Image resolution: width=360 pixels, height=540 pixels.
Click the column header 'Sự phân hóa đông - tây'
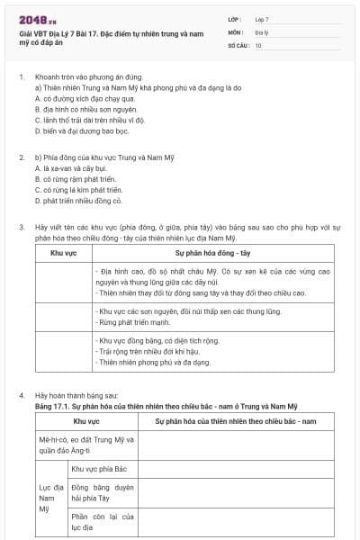213,253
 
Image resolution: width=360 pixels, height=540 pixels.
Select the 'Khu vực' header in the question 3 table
63,253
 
